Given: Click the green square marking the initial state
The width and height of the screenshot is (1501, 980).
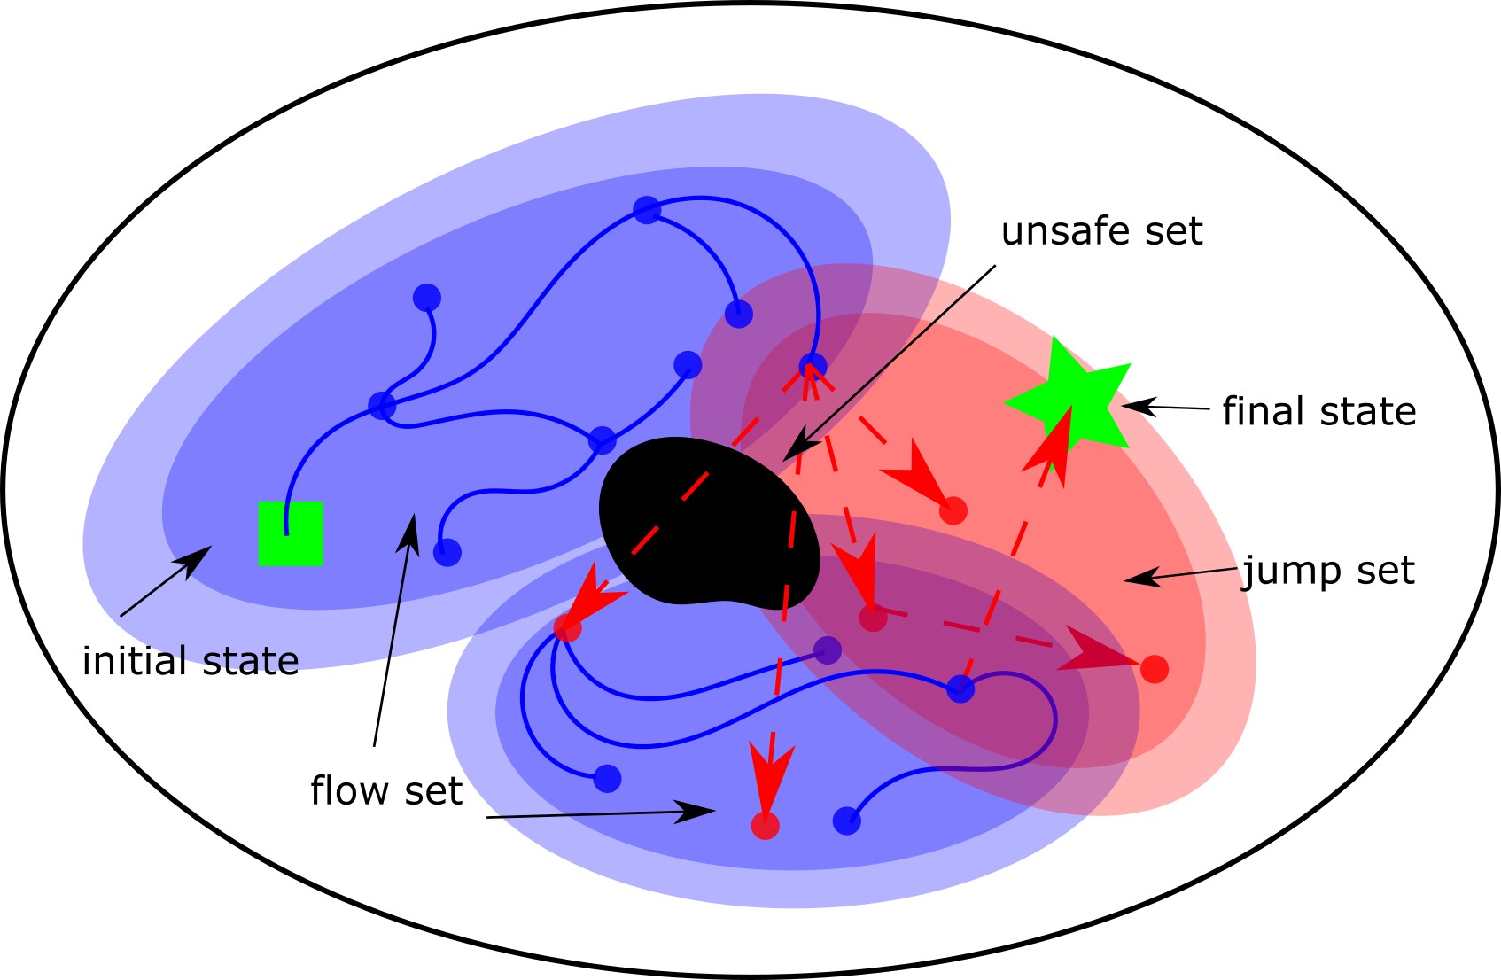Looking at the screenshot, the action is click(291, 533).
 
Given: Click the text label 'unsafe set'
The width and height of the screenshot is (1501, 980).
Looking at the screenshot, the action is click(1101, 231).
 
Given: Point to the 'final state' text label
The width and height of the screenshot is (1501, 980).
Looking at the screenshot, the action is click(1318, 411).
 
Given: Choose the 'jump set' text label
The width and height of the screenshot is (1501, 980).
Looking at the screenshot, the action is click(1328, 572).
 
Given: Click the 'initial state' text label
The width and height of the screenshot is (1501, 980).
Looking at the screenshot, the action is click(191, 661).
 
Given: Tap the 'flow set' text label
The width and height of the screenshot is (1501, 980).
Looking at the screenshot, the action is click(386, 790).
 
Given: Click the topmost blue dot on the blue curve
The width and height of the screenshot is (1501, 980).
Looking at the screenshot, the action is click(648, 210).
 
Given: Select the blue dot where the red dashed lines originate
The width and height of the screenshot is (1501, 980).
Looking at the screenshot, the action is click(813, 366).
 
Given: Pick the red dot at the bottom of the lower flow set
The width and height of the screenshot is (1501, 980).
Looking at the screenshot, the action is click(766, 825).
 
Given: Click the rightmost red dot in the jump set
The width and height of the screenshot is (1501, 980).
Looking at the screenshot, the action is click(1155, 669).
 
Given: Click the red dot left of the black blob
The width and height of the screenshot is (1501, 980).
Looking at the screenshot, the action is click(568, 627).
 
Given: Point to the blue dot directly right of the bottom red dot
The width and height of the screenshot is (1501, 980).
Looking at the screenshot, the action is click(846, 821).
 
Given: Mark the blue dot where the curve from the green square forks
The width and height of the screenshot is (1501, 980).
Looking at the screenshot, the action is click(382, 406).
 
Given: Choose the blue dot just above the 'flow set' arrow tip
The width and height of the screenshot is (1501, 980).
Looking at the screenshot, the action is click(447, 552).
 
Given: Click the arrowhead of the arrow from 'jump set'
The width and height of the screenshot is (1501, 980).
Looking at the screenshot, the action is click(1141, 577).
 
